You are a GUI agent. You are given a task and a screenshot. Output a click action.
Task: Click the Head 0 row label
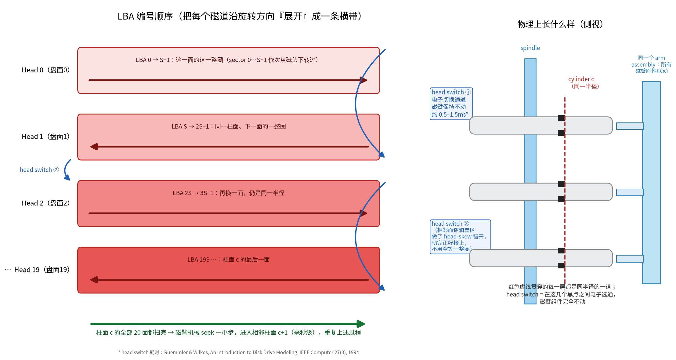[46, 70]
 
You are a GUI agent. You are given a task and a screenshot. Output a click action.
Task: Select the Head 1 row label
[46, 137]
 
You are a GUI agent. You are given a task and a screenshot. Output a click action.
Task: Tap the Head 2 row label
[46, 203]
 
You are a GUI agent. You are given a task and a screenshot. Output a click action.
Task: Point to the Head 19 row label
[42, 270]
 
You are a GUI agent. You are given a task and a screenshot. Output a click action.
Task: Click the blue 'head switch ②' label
[39, 170]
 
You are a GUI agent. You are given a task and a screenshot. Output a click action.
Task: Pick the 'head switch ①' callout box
[451, 104]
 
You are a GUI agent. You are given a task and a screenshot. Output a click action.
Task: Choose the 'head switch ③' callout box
[460, 237]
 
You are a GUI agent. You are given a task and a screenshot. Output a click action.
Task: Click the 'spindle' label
[530, 48]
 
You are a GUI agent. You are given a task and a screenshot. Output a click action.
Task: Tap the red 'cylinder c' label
[581, 79]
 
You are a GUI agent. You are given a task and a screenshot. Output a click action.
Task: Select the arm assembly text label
[651, 64]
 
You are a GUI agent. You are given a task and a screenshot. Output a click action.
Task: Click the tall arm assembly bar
[651, 183]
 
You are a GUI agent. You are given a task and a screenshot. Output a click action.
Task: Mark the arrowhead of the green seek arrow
[361, 324]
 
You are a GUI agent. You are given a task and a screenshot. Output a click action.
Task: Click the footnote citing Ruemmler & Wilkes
[238, 352]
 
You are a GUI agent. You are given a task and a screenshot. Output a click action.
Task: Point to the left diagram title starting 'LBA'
[240, 16]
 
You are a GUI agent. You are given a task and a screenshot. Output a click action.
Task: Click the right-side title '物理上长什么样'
[560, 24]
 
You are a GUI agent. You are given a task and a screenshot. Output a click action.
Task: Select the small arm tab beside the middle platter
[630, 192]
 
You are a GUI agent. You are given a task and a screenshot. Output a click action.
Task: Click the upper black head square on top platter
[561, 118]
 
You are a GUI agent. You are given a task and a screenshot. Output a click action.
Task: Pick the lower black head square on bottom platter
[561, 266]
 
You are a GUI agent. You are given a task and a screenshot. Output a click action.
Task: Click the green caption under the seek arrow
[228, 333]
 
